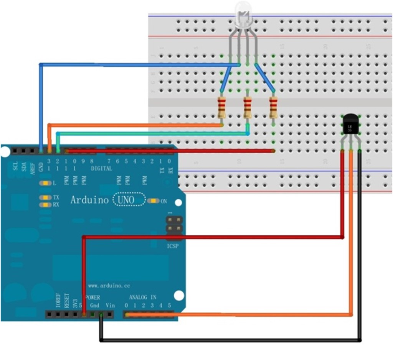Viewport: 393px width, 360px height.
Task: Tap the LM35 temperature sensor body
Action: click(x=350, y=125)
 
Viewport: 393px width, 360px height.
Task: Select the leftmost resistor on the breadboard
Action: click(x=221, y=108)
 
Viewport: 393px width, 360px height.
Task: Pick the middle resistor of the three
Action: click(x=248, y=108)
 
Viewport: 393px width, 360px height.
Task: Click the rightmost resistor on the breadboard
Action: click(x=273, y=108)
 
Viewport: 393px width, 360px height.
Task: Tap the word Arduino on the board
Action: click(x=90, y=200)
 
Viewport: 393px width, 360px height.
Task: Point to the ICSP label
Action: click(x=172, y=246)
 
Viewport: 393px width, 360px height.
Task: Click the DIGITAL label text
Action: click(x=102, y=168)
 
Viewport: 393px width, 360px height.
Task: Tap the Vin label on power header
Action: click(x=110, y=306)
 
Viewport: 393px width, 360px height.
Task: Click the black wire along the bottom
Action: click(x=230, y=340)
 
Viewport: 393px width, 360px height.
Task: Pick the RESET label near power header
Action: click(x=66, y=301)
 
